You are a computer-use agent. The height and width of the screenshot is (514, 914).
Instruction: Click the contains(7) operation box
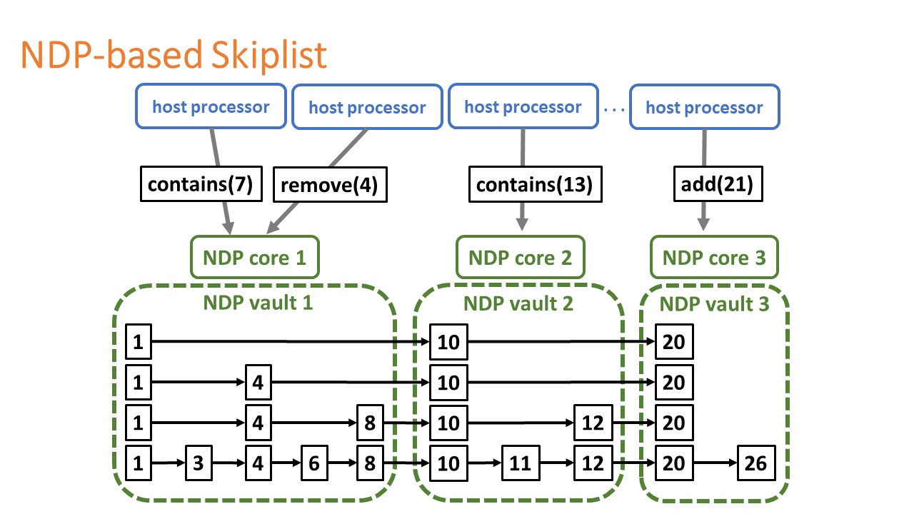click(x=201, y=184)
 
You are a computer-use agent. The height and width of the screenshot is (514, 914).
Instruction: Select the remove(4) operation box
click(x=330, y=185)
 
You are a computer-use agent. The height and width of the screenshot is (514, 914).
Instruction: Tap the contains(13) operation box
click(x=536, y=184)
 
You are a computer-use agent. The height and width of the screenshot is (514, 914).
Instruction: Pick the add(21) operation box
click(x=718, y=184)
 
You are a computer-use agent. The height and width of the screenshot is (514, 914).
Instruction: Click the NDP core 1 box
click(x=255, y=258)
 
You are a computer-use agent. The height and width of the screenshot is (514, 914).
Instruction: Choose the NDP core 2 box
click(x=521, y=258)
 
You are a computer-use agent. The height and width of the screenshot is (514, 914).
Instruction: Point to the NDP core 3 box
click(x=714, y=258)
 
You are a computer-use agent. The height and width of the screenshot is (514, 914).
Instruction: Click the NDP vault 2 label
click(x=518, y=304)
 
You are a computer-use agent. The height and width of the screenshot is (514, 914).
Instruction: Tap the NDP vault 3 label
click(x=714, y=304)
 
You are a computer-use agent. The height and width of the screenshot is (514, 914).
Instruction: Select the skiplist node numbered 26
click(x=756, y=463)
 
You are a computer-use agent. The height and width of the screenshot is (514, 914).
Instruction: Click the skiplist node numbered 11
click(x=521, y=463)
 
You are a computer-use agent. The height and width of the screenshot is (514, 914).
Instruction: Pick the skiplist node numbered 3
click(x=199, y=463)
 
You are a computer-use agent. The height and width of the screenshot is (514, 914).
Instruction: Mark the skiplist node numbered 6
click(x=314, y=463)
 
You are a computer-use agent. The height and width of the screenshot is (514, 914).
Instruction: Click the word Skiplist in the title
click(x=269, y=55)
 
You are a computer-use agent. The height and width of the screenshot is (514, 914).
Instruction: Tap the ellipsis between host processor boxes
click(x=613, y=109)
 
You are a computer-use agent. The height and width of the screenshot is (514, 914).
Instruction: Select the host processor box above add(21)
click(x=705, y=107)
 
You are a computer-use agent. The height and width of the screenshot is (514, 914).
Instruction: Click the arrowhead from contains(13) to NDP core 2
click(x=522, y=224)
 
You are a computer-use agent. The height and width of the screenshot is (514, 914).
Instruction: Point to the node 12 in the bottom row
click(x=593, y=463)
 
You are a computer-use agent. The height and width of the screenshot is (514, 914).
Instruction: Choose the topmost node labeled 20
click(x=674, y=342)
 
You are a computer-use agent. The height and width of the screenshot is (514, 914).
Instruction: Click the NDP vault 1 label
click(x=258, y=303)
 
